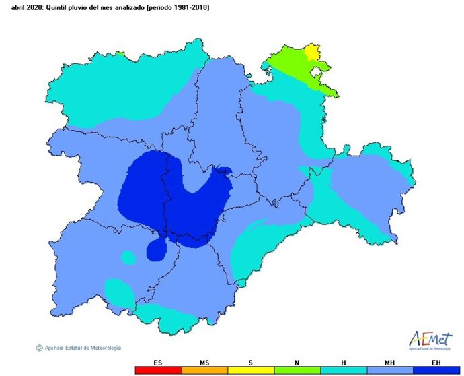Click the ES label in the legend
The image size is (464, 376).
(x=158, y=363)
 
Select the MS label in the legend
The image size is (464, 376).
(x=204, y=363)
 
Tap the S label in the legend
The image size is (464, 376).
(x=251, y=363)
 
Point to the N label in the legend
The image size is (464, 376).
(x=297, y=363)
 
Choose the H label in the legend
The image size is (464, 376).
(x=344, y=363)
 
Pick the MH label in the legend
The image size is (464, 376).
(x=390, y=363)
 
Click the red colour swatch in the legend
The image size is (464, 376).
(x=158, y=371)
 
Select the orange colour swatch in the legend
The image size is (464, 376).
(x=204, y=371)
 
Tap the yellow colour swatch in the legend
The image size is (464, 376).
(x=251, y=371)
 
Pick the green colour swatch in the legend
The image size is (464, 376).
(x=297, y=371)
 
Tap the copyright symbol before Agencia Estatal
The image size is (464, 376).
(x=39, y=348)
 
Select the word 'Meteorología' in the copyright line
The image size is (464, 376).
(x=106, y=348)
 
